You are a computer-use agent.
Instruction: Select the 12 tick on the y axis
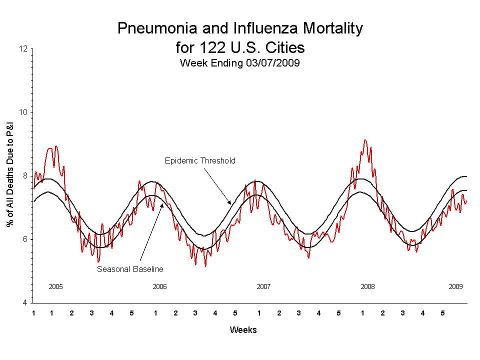[x=23, y=49]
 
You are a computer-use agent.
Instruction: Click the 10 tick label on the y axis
[x=23, y=112]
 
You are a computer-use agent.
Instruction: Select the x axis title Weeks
[x=243, y=330]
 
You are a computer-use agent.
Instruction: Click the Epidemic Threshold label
[x=200, y=161]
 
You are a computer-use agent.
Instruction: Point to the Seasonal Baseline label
[x=130, y=269]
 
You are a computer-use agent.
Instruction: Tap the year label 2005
[x=55, y=287]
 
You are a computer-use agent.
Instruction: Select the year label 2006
[x=159, y=287]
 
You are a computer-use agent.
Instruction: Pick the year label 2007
[x=263, y=287]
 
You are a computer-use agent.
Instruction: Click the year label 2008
[x=367, y=287]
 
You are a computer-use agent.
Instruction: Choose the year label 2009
[x=455, y=287]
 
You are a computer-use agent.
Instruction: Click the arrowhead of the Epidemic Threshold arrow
[x=229, y=203]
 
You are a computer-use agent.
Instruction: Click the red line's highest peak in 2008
[x=365, y=140]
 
